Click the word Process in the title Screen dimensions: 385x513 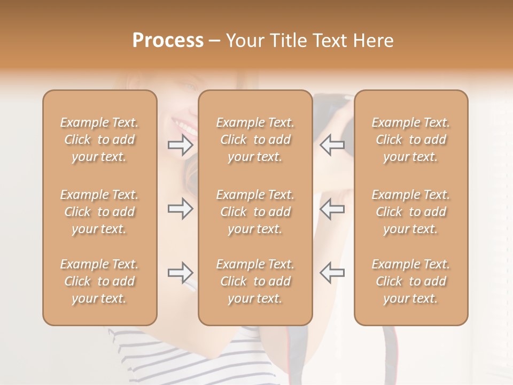168,41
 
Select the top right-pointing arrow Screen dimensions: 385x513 181,144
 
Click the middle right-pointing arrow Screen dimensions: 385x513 181,209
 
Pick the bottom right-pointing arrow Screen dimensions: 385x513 181,273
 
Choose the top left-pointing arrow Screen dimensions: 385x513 332,144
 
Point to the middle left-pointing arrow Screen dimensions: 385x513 332,209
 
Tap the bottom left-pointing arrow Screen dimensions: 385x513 332,273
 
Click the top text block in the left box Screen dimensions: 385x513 99,140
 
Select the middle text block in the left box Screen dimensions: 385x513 99,212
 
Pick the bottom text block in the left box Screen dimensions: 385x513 99,281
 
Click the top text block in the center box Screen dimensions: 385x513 255,140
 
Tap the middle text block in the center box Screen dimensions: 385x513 255,212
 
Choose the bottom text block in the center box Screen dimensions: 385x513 255,281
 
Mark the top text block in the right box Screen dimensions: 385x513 411,140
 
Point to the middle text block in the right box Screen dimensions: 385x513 411,212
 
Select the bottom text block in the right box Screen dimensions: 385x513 411,281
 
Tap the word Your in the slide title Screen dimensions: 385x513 244,41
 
